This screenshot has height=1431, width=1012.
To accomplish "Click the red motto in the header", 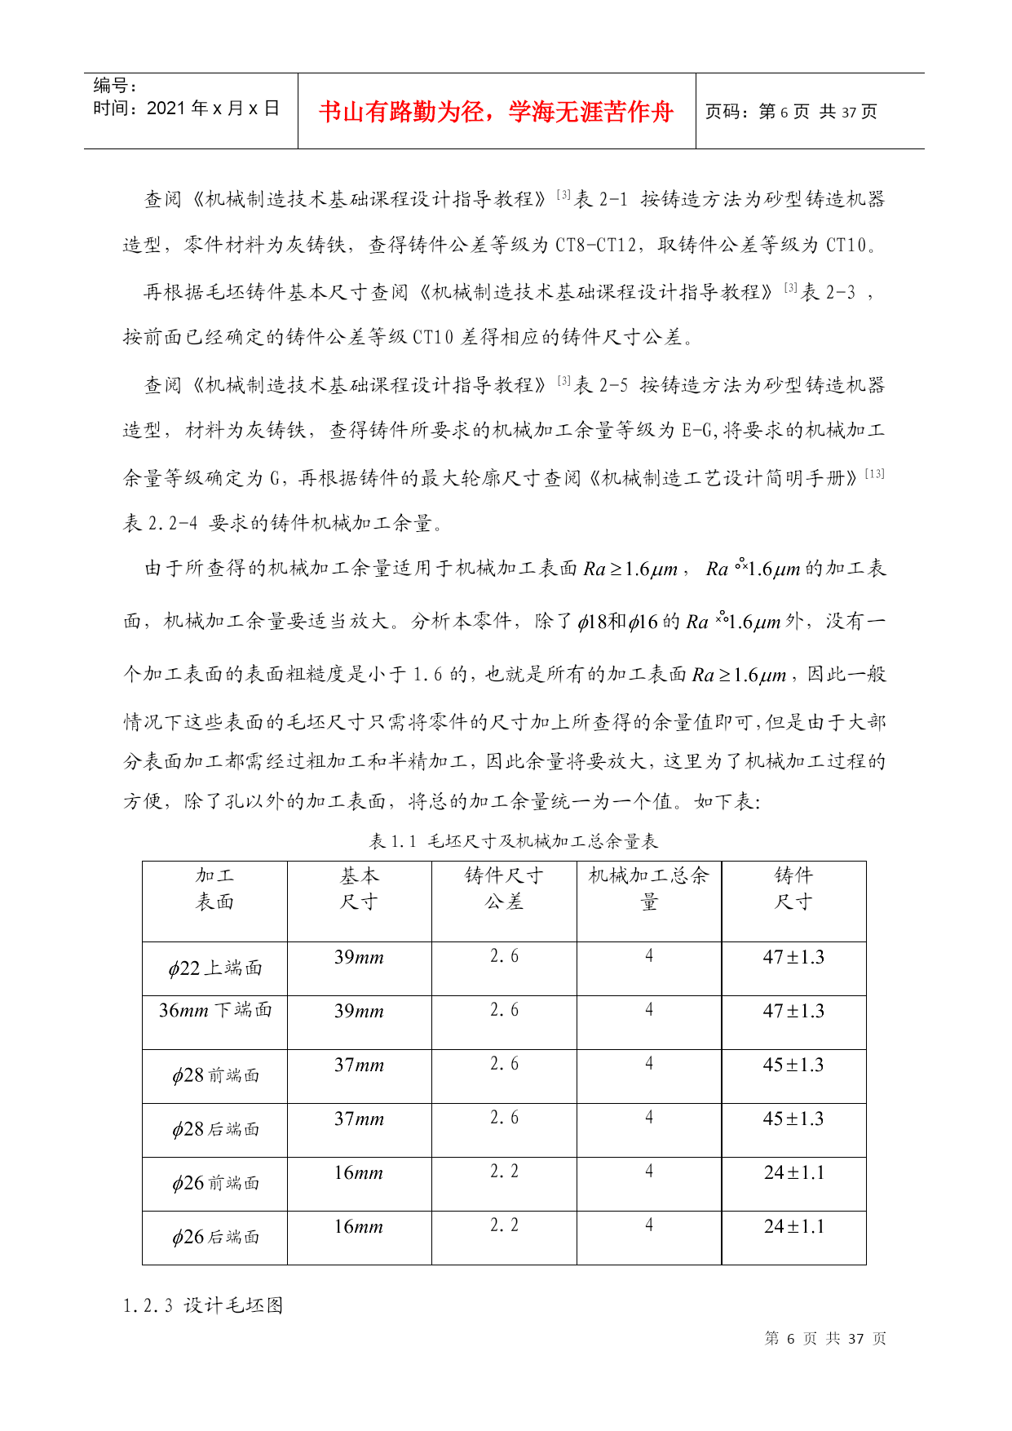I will coord(496,112).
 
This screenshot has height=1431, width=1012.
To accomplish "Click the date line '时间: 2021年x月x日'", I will coord(186,109).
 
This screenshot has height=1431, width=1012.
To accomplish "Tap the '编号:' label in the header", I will coord(115,86).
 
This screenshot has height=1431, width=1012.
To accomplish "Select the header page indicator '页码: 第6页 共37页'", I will coord(790,112).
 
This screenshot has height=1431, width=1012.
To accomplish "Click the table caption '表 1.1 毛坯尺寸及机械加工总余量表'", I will coord(513,841).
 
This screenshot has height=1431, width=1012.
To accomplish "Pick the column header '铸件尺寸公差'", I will coord(504,888).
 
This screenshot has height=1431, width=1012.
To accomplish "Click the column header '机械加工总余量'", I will coord(649,888).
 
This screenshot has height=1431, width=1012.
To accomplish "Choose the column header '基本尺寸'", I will coord(359,888).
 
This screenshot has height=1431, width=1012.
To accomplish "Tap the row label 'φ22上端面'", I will coord(215,968).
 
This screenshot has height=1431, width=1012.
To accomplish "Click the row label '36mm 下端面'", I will coord(215,1010).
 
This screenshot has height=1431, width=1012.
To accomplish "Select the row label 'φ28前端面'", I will coord(215,1075).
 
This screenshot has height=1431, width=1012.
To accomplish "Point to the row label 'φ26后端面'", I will coord(215,1237).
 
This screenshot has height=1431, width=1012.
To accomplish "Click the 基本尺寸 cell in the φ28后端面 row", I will coord(359,1119).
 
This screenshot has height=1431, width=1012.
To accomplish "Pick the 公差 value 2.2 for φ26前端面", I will coord(504,1172).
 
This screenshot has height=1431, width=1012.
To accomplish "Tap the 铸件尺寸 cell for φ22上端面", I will coord(793,957).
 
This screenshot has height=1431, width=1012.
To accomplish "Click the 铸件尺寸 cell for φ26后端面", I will coord(793,1226).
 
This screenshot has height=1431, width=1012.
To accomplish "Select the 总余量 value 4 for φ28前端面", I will coord(649,1064).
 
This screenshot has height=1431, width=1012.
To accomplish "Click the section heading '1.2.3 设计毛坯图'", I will coord(203,1305).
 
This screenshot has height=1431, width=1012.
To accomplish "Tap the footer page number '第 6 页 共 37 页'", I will coord(825,1338).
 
